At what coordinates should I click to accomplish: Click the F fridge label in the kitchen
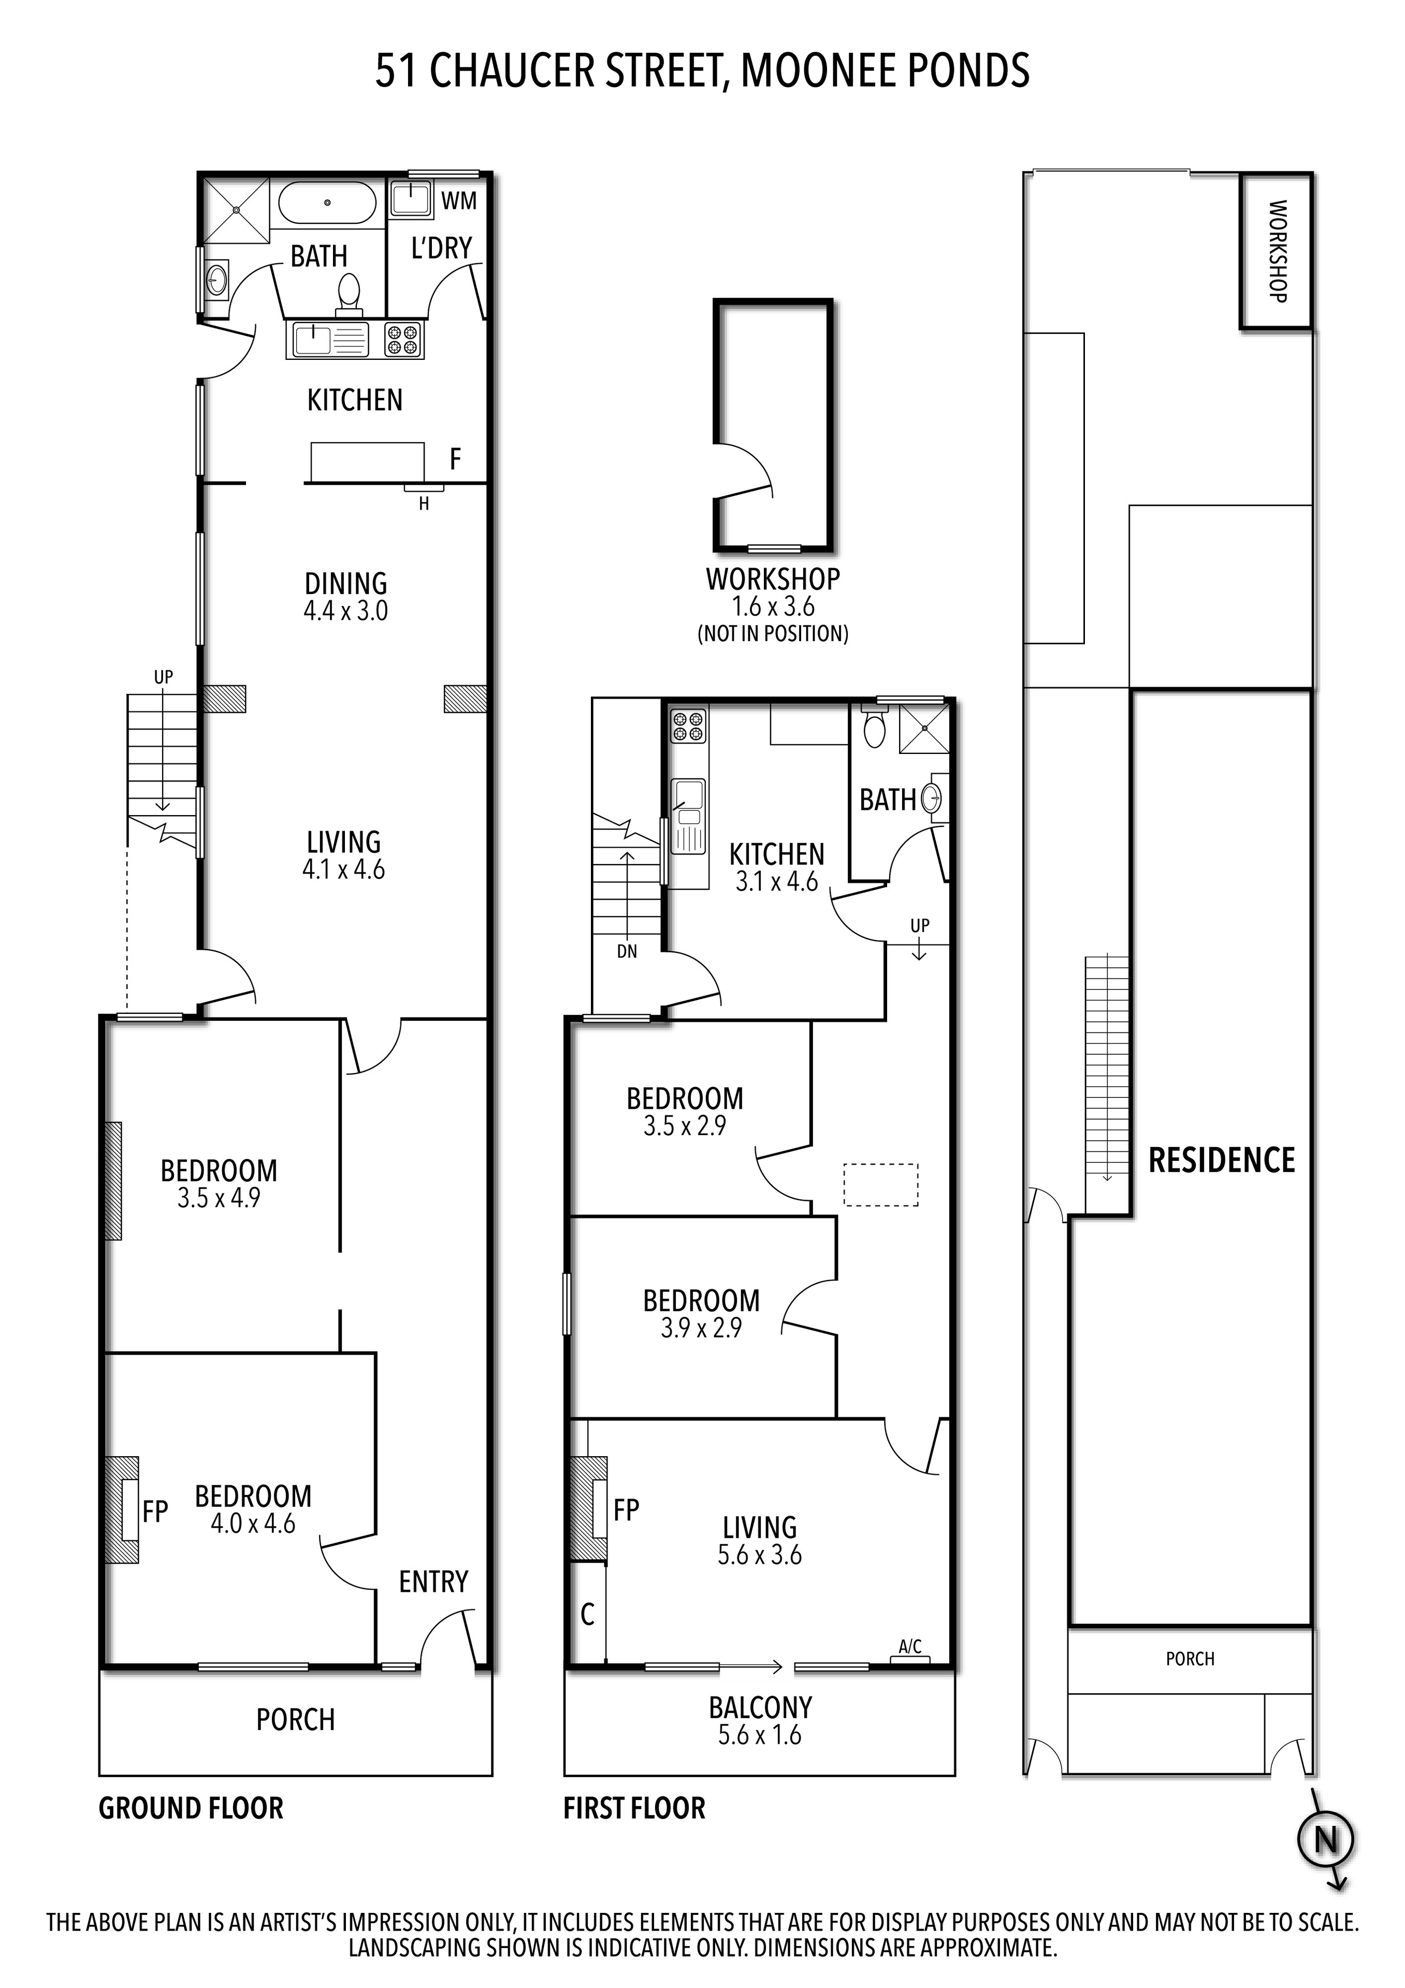click(x=455, y=459)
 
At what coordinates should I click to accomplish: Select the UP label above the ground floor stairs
click(x=164, y=677)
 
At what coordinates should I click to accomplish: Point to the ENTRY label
click(x=433, y=1582)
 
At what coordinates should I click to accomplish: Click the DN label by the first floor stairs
click(x=627, y=952)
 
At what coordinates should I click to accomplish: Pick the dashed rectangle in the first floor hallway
click(x=880, y=1184)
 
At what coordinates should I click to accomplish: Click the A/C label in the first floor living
click(x=910, y=1646)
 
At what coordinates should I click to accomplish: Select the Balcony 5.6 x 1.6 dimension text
click(x=759, y=1735)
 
